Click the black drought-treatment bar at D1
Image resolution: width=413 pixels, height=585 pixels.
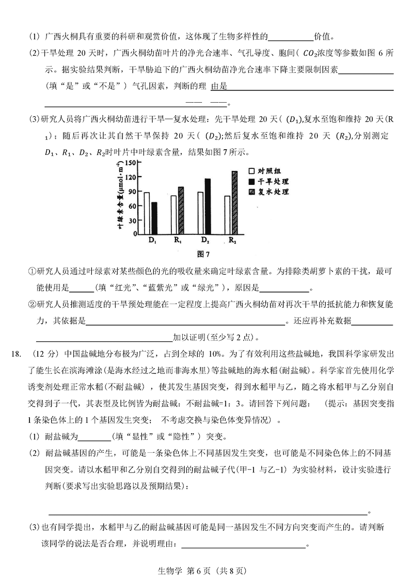click(x=153, y=218)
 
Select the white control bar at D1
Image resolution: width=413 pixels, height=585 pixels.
click(x=147, y=213)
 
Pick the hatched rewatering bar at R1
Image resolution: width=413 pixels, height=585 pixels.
click(x=181, y=210)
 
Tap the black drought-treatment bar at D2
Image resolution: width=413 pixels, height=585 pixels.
click(x=208, y=206)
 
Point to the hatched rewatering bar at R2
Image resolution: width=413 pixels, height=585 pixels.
click(x=234, y=202)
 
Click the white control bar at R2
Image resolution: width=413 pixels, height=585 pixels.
click(x=228, y=215)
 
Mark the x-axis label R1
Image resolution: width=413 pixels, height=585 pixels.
click(x=178, y=241)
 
